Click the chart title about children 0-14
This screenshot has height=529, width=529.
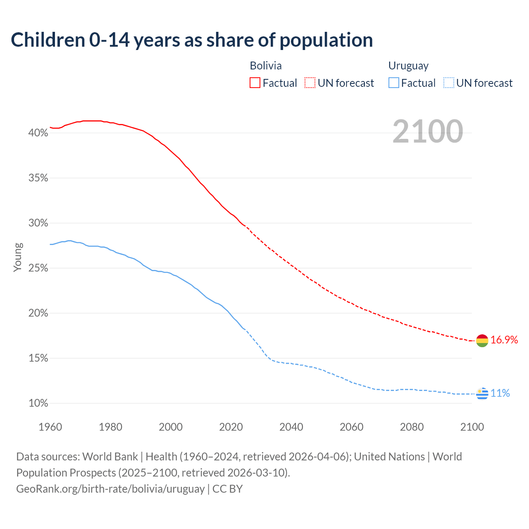(192, 40)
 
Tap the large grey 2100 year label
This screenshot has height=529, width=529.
(427, 131)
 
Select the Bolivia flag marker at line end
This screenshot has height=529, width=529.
(482, 341)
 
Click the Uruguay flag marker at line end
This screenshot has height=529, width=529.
(482, 393)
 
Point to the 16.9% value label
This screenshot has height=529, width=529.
(504, 340)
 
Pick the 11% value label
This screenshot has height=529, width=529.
(500, 393)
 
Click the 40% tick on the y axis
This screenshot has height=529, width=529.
(38, 133)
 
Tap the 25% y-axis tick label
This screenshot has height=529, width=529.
(38, 268)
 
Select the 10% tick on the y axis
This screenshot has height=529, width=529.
(38, 403)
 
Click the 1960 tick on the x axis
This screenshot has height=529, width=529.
(50, 427)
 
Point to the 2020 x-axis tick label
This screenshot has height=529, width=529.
(231, 427)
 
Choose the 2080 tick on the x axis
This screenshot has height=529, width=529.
(412, 427)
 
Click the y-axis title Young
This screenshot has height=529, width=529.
(17, 257)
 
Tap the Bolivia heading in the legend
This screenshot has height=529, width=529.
(266, 66)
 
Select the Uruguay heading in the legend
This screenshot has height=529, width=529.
(408, 66)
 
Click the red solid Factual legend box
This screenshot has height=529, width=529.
(255, 83)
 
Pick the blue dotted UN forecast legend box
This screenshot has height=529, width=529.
(449, 83)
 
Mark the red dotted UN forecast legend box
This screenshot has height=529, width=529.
(310, 83)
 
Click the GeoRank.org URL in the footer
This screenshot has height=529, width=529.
(110, 489)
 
